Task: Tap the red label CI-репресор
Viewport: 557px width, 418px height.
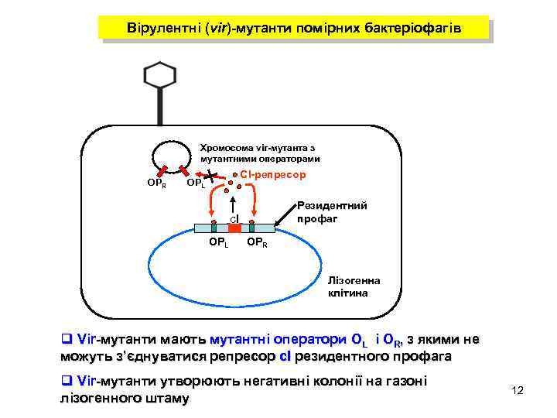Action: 273,175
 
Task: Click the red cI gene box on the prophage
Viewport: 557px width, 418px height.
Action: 234,228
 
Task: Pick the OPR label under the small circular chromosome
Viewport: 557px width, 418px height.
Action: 156,183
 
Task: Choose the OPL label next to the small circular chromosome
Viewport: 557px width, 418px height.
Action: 196,184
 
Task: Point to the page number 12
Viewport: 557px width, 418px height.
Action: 518,390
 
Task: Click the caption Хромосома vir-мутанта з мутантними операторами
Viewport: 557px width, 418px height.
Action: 259,152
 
